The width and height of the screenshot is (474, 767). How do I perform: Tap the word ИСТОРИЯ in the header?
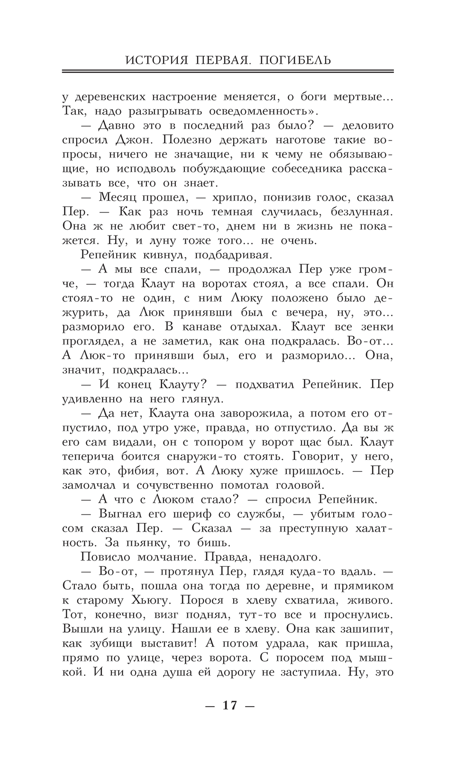(x=151, y=60)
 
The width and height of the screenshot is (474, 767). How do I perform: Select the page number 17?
(x=229, y=705)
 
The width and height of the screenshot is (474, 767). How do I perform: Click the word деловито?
(x=368, y=126)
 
